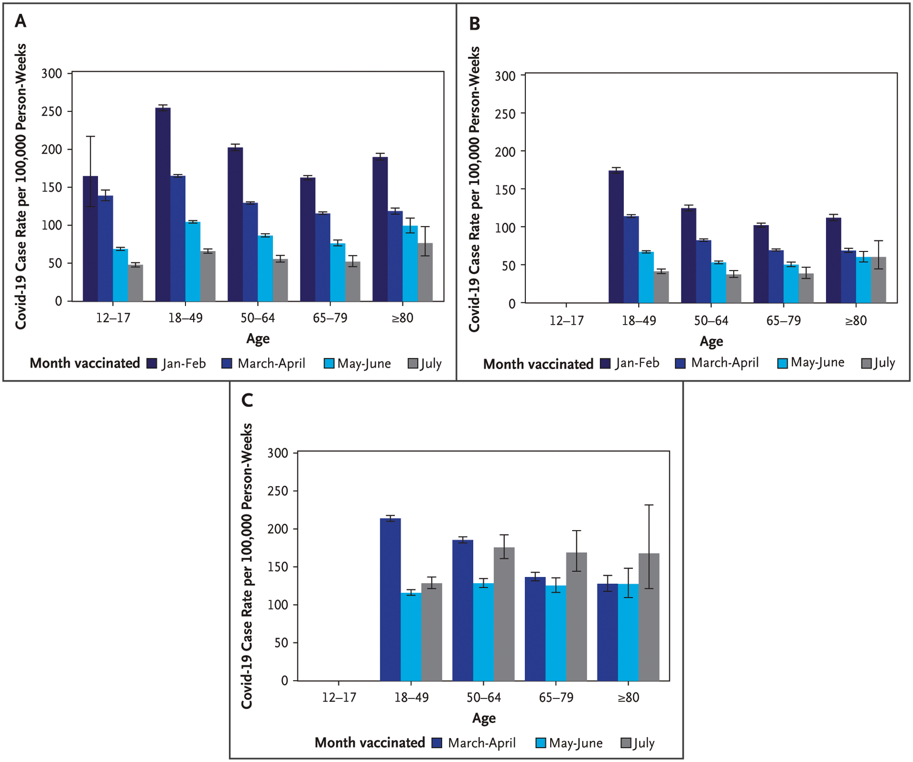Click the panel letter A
[20, 21]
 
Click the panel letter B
[474, 24]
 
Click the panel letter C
[247, 400]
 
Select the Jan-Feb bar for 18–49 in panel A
[163, 204]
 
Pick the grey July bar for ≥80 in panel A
[425, 272]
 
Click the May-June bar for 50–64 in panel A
[265, 268]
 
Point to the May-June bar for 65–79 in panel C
[556, 633]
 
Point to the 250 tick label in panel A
[52, 112]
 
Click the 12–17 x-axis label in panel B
[566, 321]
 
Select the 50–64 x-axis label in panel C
[484, 697]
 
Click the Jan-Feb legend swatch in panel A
[152, 364]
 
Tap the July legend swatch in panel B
[866, 364]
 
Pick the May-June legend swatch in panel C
[541, 743]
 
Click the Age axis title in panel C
[484, 718]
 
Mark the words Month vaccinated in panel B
[538, 364]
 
